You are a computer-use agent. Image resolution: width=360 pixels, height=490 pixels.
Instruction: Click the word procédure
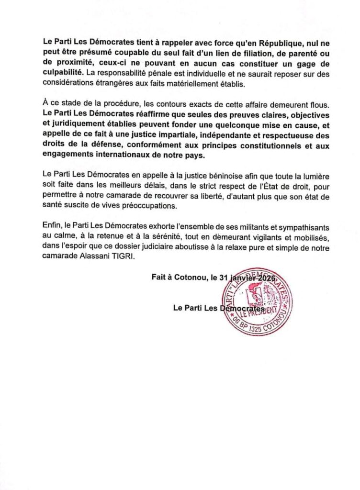110,104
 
